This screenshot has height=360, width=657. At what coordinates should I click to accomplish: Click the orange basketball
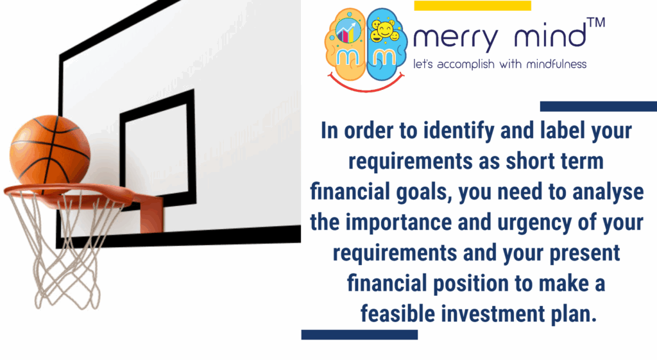click(x=49, y=151)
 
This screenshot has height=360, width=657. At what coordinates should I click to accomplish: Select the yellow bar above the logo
click(x=472, y=6)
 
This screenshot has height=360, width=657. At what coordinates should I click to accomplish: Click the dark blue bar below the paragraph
click(x=359, y=334)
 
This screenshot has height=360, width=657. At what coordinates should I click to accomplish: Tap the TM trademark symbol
click(x=595, y=23)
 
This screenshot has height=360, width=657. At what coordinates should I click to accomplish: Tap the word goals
click(x=425, y=192)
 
